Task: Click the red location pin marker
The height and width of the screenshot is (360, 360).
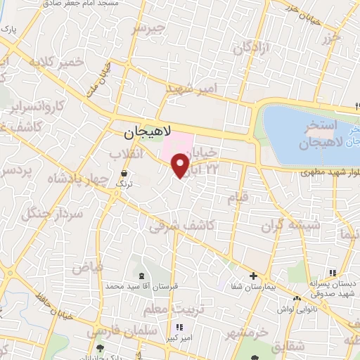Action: [x=181, y=165]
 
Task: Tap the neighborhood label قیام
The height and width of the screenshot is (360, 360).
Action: [x=238, y=198]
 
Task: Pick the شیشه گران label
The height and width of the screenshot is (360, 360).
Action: [x=290, y=225]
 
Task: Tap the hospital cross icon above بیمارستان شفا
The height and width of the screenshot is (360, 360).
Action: [x=254, y=276]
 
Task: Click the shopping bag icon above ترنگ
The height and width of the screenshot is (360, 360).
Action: [x=124, y=173]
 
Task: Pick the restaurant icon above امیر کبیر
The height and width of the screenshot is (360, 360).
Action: [x=179, y=327]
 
